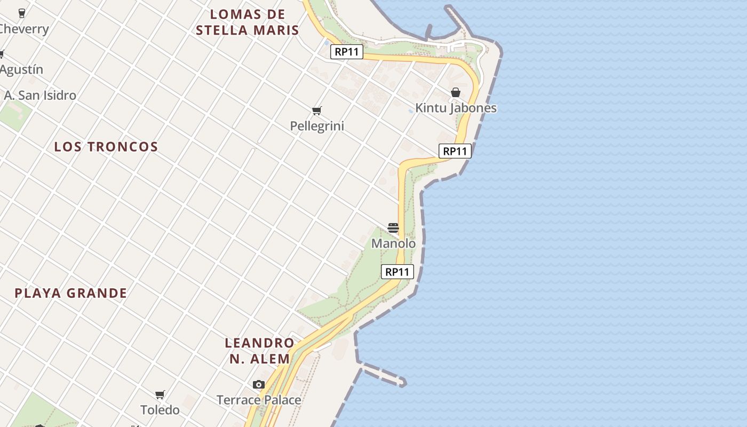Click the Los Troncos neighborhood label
(106, 147)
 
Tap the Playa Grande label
(71, 293)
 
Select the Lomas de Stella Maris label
(247, 22)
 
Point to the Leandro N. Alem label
(260, 351)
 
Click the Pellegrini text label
(317, 126)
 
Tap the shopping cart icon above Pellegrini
(317, 110)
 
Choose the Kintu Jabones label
(456, 108)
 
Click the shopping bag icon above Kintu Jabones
(455, 93)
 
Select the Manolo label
(393, 243)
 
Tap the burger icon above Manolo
(393, 228)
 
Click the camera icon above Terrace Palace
(259, 384)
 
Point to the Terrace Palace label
(259, 400)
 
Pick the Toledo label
(160, 410)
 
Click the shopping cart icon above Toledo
(160, 395)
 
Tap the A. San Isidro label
(40, 96)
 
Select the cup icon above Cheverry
(22, 13)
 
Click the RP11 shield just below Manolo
(398, 272)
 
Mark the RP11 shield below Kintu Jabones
(455, 151)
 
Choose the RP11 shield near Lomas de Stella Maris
(347, 52)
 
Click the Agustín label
(21, 69)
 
